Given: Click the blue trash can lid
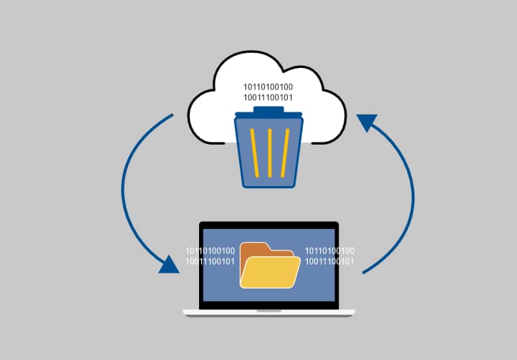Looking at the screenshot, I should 269,115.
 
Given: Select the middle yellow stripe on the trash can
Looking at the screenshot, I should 269,152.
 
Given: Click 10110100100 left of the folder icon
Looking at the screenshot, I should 210,250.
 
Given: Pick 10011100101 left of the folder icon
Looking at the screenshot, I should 210,261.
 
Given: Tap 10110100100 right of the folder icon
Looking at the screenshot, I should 329,250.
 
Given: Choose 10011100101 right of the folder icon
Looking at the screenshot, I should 329,261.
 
